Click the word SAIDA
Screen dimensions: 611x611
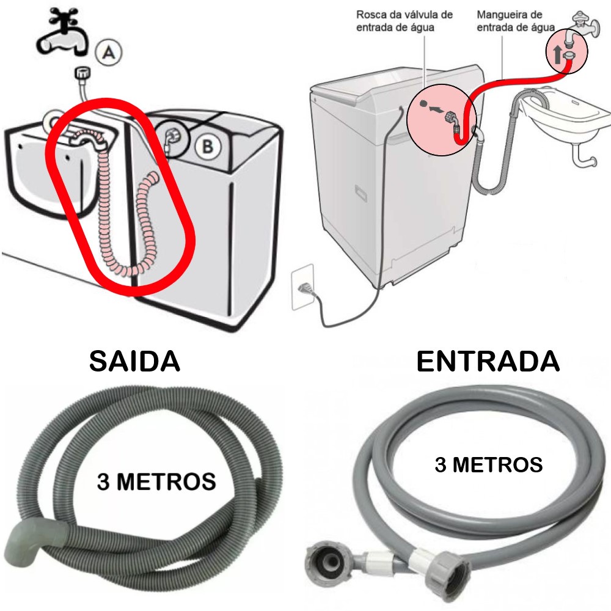point(134,361)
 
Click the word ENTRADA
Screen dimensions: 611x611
point(488,361)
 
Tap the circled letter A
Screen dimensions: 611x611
point(109,53)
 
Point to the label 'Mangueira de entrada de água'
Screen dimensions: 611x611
point(516,20)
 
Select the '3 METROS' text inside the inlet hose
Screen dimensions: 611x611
point(488,464)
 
